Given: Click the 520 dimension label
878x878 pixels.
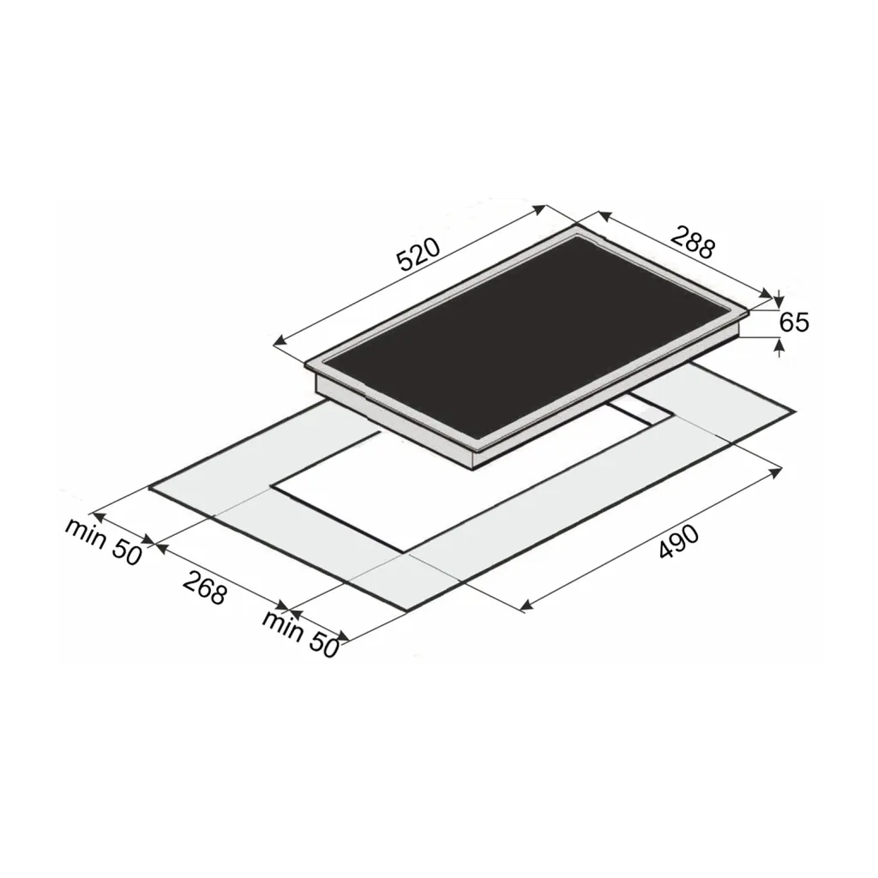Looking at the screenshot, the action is (418, 255).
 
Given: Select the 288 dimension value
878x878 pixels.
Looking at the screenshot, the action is (693, 241).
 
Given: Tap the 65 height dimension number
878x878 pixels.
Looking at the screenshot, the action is (794, 322).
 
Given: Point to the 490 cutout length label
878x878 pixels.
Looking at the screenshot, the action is (679, 542).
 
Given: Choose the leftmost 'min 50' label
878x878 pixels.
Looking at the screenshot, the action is (103, 541).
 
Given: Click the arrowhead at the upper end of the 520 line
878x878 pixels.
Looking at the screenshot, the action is (539, 209).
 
